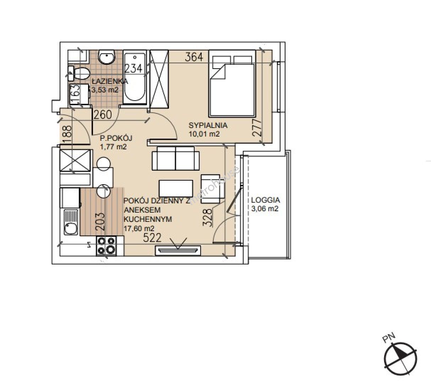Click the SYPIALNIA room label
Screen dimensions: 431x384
tap(208, 125)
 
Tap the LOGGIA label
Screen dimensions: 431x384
tap(266, 200)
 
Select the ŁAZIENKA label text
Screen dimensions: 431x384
tap(110, 81)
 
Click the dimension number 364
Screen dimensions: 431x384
tap(194, 57)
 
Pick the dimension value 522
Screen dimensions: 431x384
tap(152, 238)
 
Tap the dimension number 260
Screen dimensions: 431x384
tap(103, 115)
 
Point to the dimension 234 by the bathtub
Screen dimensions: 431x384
tap(133, 68)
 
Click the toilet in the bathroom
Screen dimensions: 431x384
tap(78, 73)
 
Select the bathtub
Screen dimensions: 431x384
tap(135, 77)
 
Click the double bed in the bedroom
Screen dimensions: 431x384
tap(232, 83)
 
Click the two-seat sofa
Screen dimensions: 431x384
tap(175, 158)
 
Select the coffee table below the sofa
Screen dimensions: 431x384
tap(176, 188)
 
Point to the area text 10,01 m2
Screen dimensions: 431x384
tap(204, 134)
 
